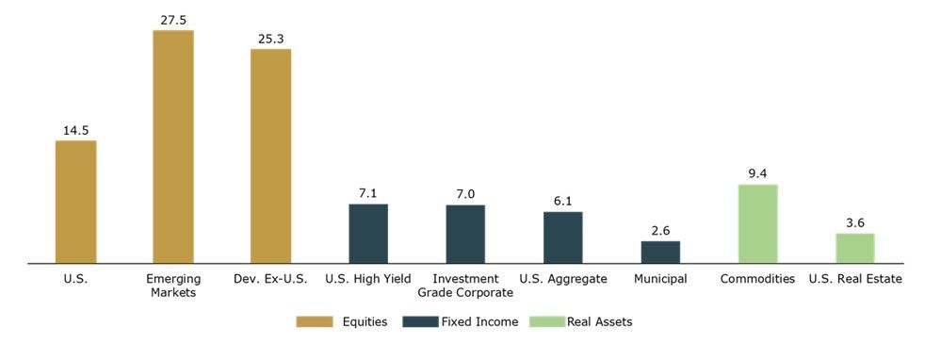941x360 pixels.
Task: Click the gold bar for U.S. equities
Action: [75, 202]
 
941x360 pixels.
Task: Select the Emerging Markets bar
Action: [173, 146]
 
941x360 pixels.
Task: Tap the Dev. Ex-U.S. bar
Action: [270, 156]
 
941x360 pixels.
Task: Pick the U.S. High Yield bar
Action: [368, 234]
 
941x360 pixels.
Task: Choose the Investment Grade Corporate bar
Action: [465, 234]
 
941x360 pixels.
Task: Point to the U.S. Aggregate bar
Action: [563, 237]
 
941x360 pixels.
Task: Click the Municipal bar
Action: [660, 252]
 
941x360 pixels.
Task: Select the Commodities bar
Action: [758, 223]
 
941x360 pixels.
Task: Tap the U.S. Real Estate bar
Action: [855, 248]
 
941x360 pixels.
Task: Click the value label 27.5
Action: [172, 20]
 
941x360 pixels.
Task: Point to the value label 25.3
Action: [270, 39]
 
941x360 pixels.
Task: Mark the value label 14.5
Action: [75, 130]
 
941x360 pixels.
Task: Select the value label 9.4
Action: [758, 174]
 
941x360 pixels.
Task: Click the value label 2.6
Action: [660, 231]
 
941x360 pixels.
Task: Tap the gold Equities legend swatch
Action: [315, 322]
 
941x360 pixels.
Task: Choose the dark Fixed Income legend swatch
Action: [421, 322]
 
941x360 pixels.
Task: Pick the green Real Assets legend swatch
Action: [547, 322]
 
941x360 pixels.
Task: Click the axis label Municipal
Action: [660, 279]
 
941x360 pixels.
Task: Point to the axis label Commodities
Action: [757, 279]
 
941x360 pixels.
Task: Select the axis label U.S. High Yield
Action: [368, 279]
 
